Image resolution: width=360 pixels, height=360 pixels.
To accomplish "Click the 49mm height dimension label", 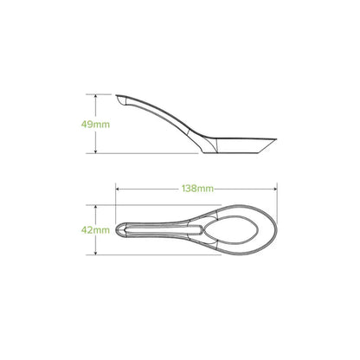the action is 95,125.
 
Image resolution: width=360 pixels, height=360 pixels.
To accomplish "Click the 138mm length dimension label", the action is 197,189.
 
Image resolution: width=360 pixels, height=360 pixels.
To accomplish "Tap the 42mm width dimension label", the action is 95,230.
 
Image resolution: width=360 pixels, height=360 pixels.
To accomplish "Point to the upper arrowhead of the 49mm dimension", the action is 95,96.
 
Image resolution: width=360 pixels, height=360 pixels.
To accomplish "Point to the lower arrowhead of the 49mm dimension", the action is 95,151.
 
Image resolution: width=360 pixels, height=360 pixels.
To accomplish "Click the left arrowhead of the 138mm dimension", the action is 118,190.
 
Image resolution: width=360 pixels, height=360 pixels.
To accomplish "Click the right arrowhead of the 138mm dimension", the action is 274,190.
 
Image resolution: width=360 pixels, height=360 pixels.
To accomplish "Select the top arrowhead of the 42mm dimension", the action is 95,208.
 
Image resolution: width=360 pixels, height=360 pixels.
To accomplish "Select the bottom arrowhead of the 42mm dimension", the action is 95,252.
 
